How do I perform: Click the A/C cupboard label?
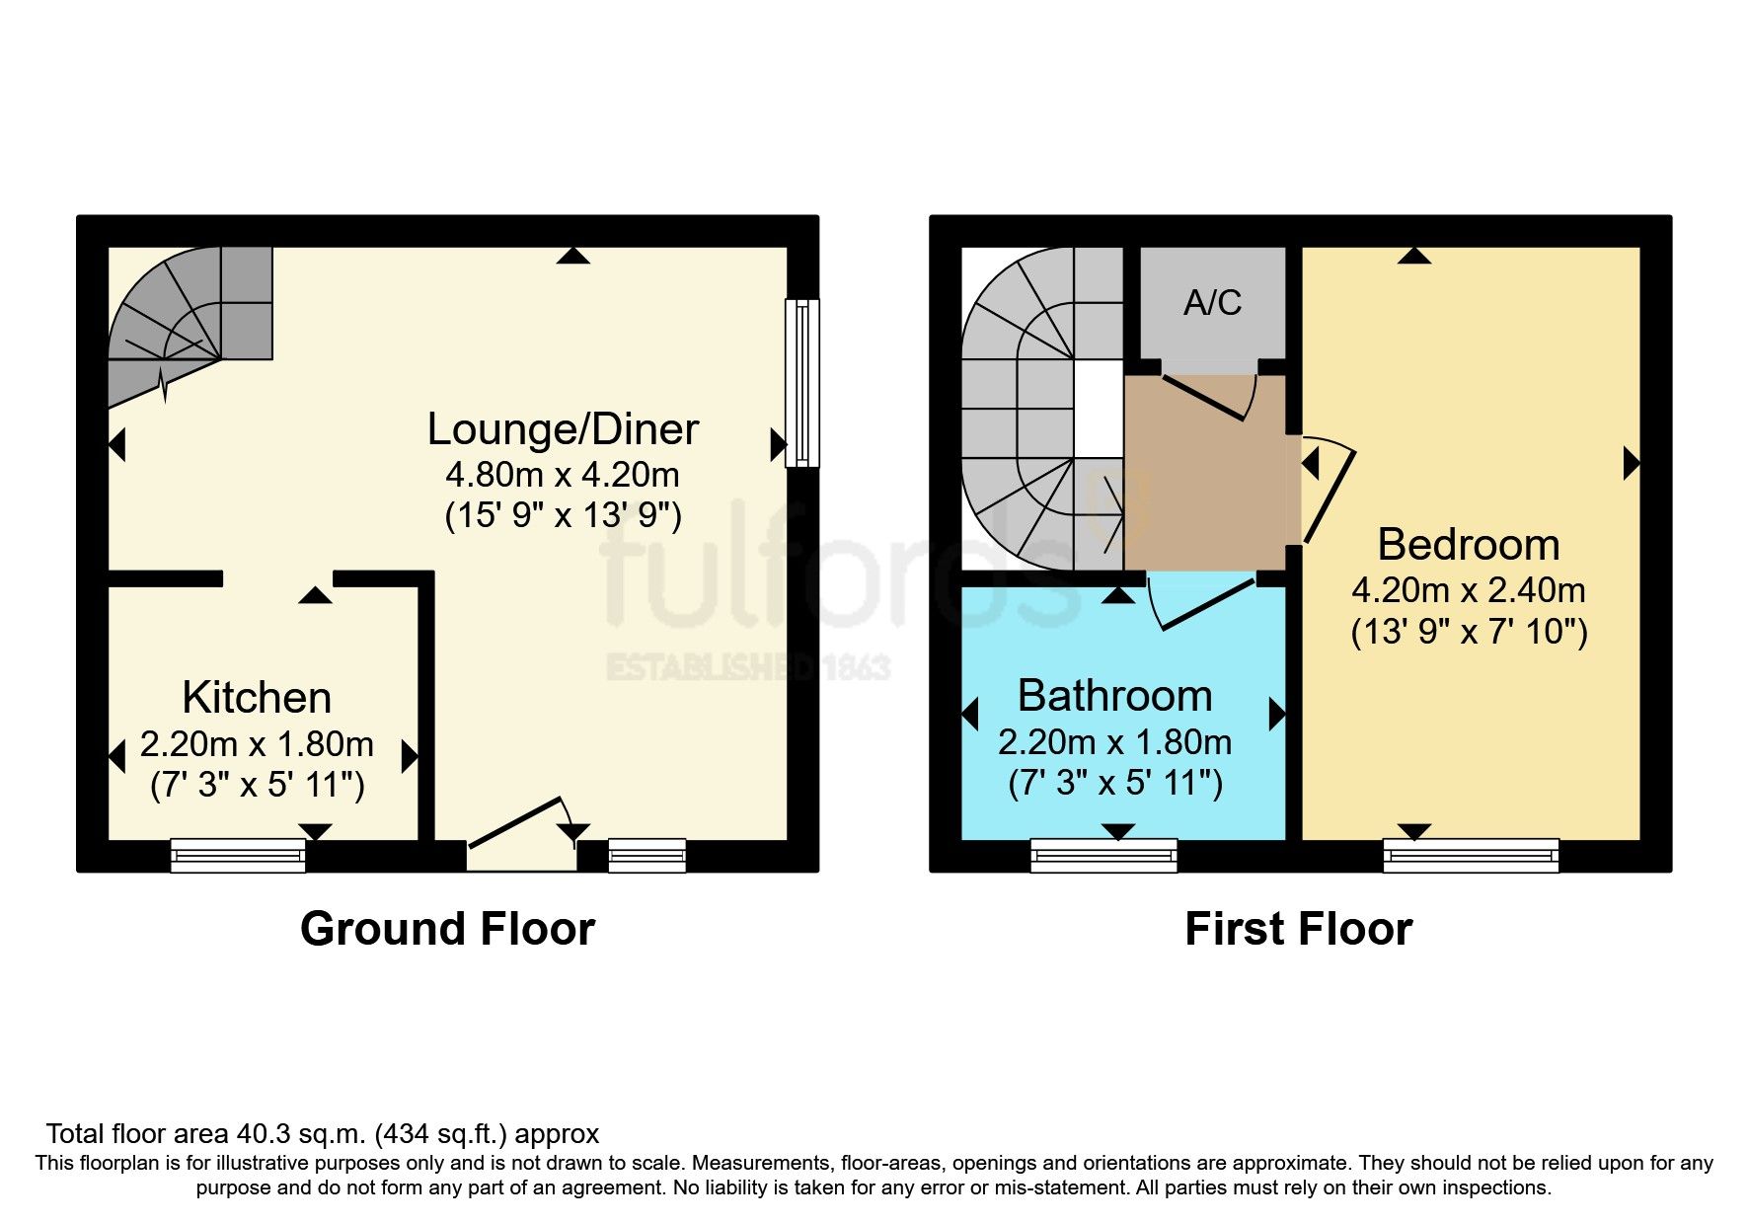pos(1212,303)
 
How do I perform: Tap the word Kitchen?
pos(257,698)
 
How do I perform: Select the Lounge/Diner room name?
pos(563,429)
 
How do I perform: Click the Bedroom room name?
pos(1468,545)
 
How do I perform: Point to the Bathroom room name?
pos(1114,696)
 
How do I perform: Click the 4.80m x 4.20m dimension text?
pos(563,475)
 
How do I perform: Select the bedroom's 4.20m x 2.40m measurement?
pos(1468,590)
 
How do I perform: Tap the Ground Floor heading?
pos(447,929)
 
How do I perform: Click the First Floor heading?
pos(1298,929)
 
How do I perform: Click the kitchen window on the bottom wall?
pos(238,855)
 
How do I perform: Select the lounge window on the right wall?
pos(801,382)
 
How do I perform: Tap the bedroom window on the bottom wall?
pos(1471,855)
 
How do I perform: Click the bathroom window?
pos(1103,855)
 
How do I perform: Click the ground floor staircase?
pos(188,316)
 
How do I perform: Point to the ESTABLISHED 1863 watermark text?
pos(747,667)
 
